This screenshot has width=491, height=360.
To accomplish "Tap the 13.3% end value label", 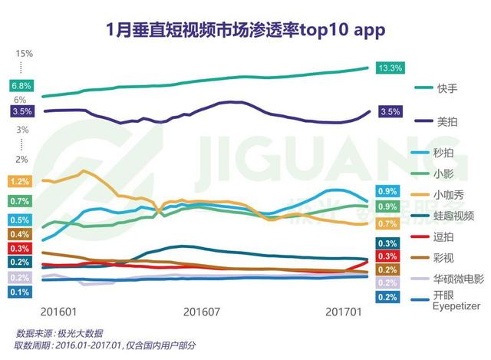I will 390,68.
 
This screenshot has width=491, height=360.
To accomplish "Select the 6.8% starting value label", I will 21,85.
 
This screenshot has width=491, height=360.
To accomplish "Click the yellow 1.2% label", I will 21,182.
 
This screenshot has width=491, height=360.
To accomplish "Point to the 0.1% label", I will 21,292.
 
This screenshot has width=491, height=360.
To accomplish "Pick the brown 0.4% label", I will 21,234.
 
